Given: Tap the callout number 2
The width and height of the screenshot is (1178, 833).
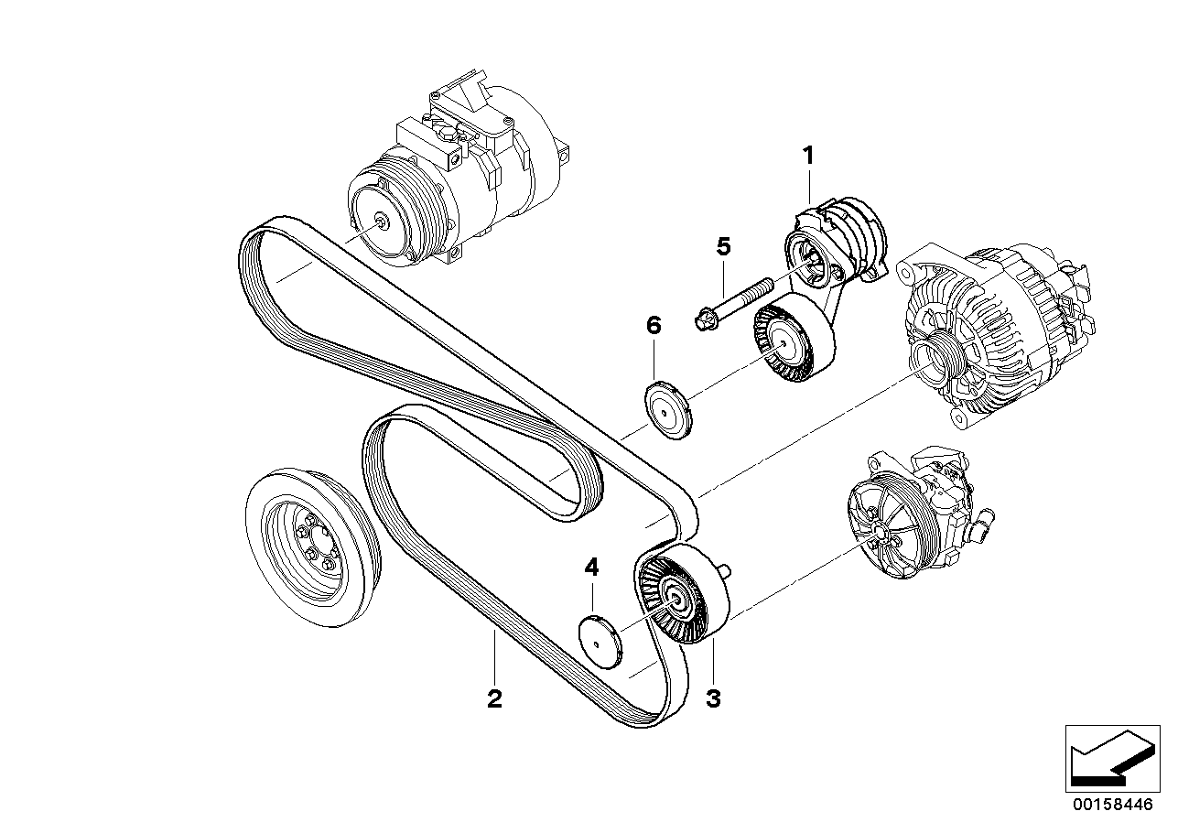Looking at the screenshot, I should pyautogui.click(x=494, y=699).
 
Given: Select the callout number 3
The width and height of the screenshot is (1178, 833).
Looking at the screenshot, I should pyautogui.click(x=713, y=699).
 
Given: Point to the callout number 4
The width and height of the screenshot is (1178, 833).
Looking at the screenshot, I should pyautogui.click(x=592, y=568).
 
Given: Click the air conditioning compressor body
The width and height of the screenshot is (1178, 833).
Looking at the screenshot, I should pyautogui.click(x=476, y=165).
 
